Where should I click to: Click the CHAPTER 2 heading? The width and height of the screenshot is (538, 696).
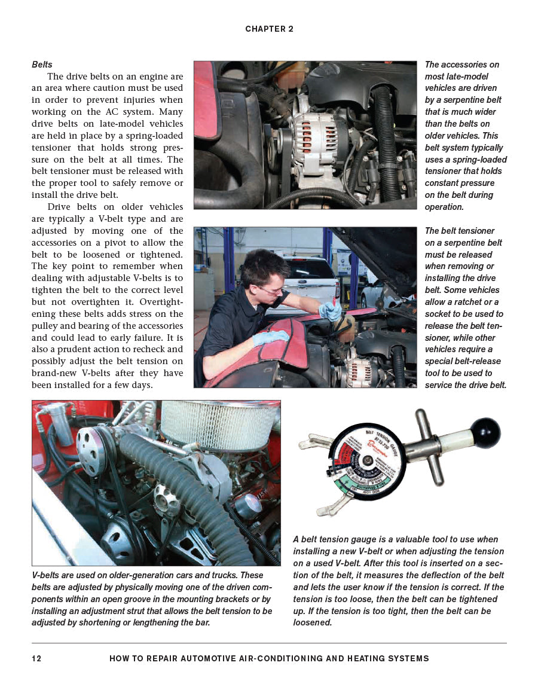click(x=269, y=29)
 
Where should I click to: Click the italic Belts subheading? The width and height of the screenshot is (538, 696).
click(x=42, y=65)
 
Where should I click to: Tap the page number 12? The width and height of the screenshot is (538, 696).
click(x=36, y=658)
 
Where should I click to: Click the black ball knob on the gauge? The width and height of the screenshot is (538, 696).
click(x=485, y=433)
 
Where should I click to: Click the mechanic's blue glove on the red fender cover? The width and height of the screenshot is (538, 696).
click(x=271, y=338)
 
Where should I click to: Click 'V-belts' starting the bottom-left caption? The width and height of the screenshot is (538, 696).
click(x=46, y=575)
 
